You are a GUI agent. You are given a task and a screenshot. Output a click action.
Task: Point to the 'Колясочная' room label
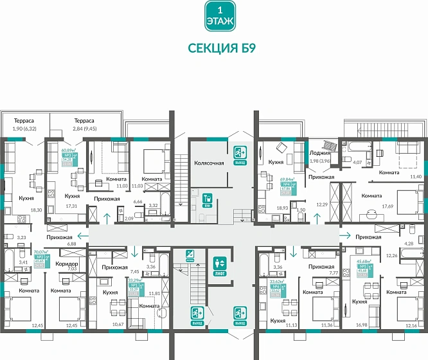tap(209, 163)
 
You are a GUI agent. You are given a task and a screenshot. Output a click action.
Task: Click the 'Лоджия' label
tap(319, 153)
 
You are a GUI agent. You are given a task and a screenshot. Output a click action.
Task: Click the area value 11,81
tap(154, 293)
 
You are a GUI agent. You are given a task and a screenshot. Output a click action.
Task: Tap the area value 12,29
tap(322, 204)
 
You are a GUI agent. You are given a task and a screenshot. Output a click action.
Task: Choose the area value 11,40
tap(415, 175)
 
